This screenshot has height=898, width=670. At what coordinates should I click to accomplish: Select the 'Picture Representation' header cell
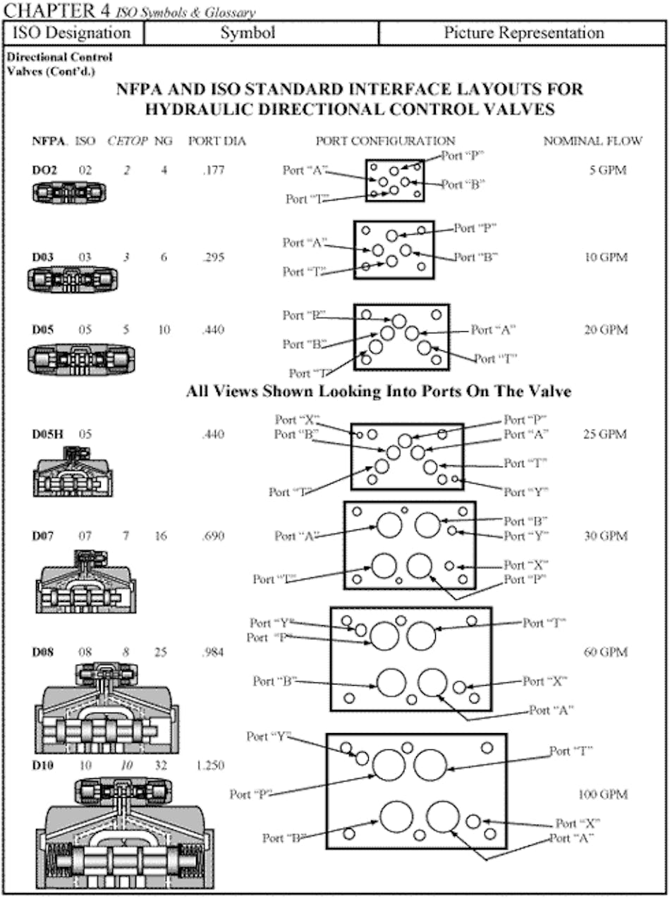point(523,33)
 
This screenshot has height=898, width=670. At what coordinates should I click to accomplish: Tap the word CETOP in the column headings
point(128,141)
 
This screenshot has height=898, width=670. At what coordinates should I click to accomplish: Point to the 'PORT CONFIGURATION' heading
point(385,141)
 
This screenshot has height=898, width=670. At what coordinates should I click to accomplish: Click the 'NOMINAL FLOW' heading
point(592,141)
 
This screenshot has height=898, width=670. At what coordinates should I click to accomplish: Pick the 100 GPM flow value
point(602,794)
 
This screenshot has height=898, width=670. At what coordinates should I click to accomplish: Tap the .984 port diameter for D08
point(209,652)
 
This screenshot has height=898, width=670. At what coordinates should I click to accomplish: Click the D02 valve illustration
point(69,192)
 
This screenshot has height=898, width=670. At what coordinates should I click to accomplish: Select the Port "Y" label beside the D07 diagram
point(525,536)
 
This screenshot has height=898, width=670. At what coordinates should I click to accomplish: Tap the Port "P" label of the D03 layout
point(475,228)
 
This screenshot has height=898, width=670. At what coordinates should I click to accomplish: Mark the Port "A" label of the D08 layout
point(551,710)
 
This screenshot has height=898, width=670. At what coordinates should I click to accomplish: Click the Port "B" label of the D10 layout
point(284,838)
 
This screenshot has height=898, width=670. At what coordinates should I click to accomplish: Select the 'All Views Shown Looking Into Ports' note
point(378,392)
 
